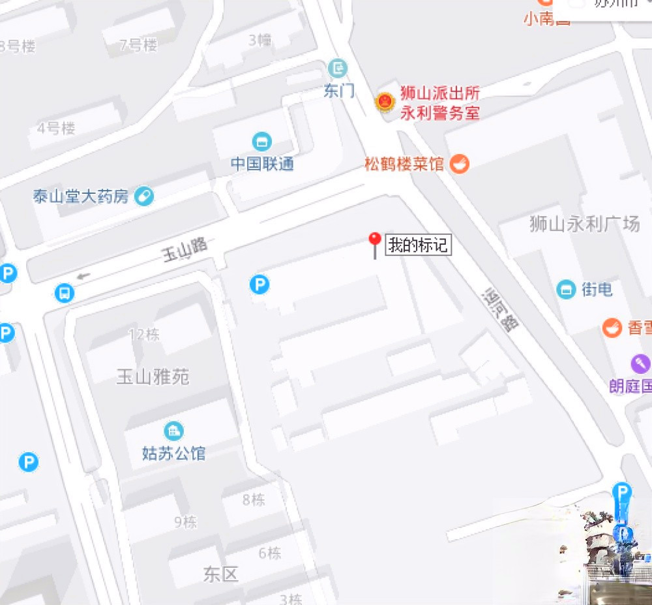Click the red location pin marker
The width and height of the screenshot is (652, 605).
(374, 241)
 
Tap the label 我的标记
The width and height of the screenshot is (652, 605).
(417, 245)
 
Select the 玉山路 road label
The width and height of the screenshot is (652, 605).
(185, 249)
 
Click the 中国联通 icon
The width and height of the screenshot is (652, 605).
(262, 141)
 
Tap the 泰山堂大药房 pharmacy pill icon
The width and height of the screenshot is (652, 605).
(144, 196)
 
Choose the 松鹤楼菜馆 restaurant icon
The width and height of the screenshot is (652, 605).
(460, 163)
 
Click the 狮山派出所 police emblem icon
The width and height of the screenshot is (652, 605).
(385, 102)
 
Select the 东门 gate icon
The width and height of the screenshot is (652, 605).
(338, 67)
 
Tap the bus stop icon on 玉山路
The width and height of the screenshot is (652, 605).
(64, 293)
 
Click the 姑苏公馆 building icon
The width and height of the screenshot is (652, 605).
(173, 431)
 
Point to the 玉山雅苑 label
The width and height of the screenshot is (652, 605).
(153, 377)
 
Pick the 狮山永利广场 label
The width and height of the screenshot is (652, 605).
(584, 225)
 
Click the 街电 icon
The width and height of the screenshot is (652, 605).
(566, 289)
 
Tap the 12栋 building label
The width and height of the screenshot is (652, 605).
(144, 335)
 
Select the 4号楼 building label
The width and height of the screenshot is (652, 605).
(56, 128)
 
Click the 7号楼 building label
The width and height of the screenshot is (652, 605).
(138, 45)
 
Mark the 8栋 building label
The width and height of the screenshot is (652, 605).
(254, 500)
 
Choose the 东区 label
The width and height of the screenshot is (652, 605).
(220, 574)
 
